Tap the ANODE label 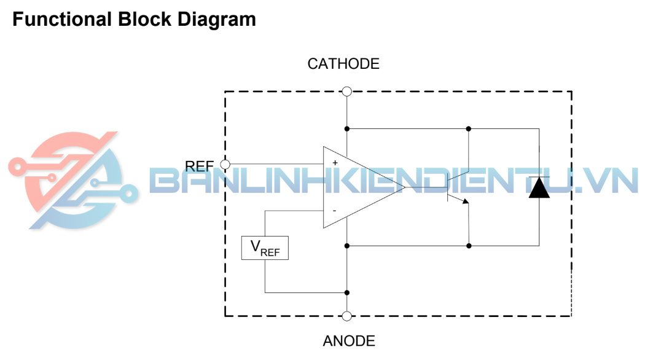(x=348, y=341)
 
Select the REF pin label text (x=200, y=166)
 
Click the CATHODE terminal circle (x=346, y=92)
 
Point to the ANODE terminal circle (x=346, y=316)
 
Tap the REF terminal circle (x=224, y=165)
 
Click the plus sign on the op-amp (x=335, y=163)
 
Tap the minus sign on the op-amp (x=334, y=211)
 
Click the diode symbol (x=539, y=187)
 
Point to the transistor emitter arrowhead (x=465, y=200)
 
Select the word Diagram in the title (x=217, y=20)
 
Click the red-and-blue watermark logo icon (x=71, y=180)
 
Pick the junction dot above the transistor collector (x=469, y=129)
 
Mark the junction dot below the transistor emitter (x=469, y=246)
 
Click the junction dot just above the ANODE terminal (x=346, y=292)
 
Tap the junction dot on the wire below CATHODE (x=346, y=129)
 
